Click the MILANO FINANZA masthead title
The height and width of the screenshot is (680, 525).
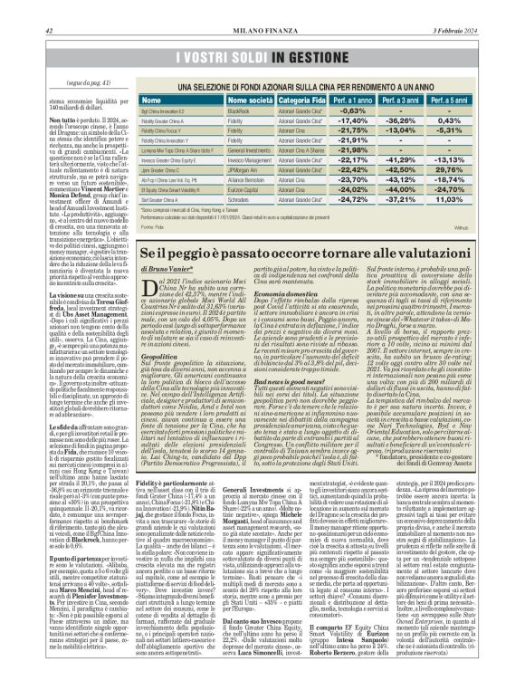[x=262, y=7]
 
